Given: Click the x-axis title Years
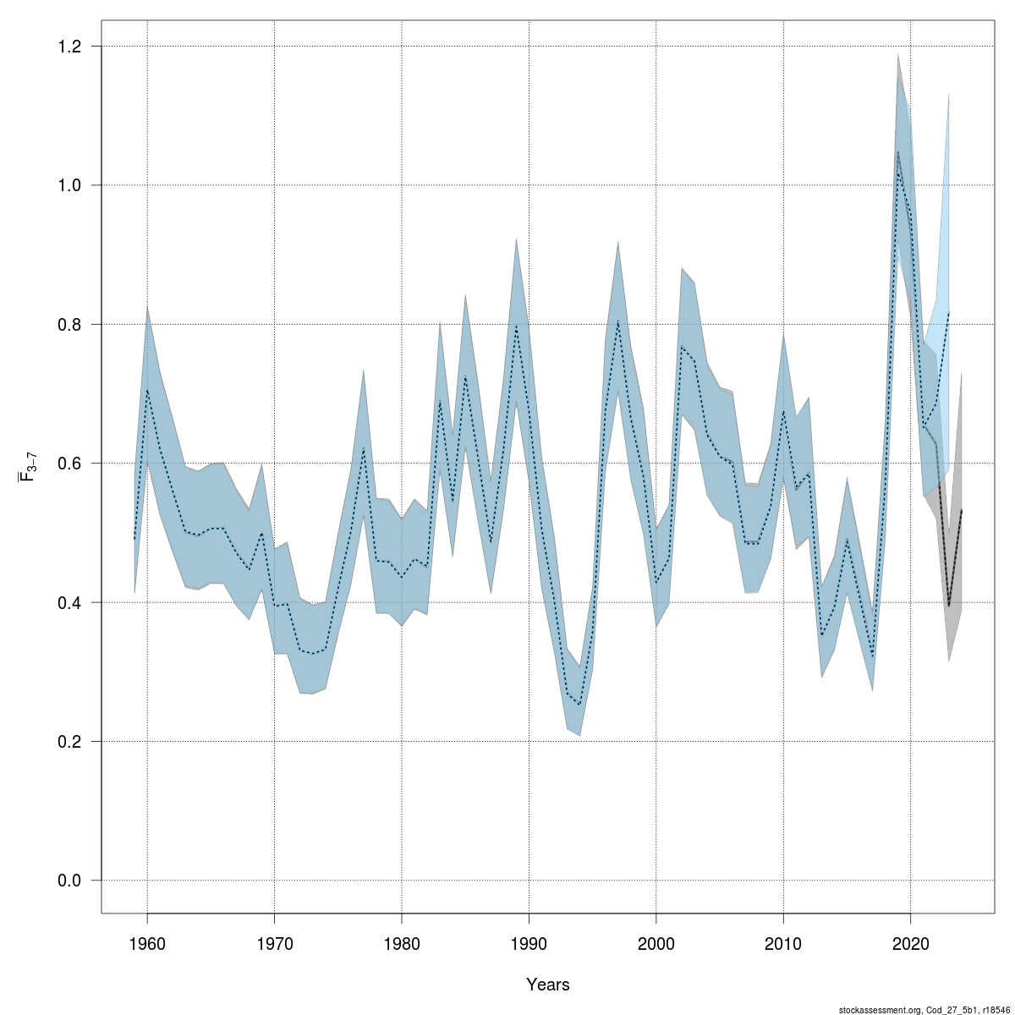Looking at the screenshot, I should coord(547,985).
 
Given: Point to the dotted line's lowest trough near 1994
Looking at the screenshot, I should coord(579,704).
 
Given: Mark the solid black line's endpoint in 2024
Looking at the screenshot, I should coord(962,510).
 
